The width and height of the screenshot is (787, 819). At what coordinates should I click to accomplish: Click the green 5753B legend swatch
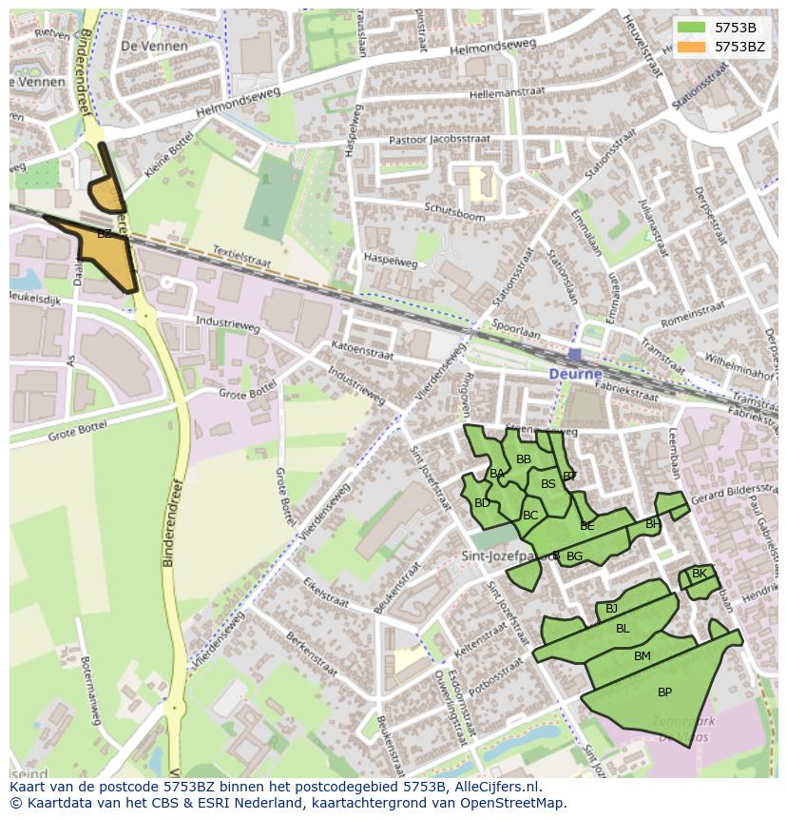pyautogui.click(x=692, y=28)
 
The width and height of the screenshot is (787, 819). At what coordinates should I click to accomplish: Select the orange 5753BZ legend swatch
pyautogui.click(x=692, y=46)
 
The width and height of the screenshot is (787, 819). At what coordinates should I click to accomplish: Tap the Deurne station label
pyautogui.click(x=575, y=374)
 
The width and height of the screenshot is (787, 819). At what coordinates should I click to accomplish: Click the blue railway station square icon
pyautogui.click(x=575, y=355)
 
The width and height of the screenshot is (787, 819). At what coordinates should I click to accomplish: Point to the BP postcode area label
pyautogui.click(x=664, y=692)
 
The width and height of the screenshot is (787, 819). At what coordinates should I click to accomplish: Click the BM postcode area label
pyautogui.click(x=643, y=656)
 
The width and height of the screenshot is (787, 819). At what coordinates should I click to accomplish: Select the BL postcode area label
pyautogui.click(x=623, y=629)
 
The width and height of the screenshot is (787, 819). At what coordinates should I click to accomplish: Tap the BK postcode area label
pyautogui.click(x=700, y=574)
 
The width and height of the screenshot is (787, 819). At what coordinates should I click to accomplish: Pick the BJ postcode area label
pyautogui.click(x=611, y=609)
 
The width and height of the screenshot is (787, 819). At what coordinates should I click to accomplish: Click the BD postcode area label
pyautogui.click(x=482, y=503)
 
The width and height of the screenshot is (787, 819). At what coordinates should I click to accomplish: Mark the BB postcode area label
pyautogui.click(x=524, y=459)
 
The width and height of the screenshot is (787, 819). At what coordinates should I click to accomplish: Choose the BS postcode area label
pyautogui.click(x=548, y=484)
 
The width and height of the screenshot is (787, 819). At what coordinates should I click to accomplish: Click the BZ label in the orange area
pyautogui.click(x=105, y=234)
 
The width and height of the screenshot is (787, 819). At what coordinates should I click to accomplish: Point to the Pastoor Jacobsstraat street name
pyautogui.click(x=440, y=140)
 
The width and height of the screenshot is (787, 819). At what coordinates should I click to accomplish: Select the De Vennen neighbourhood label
pyautogui.click(x=155, y=46)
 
